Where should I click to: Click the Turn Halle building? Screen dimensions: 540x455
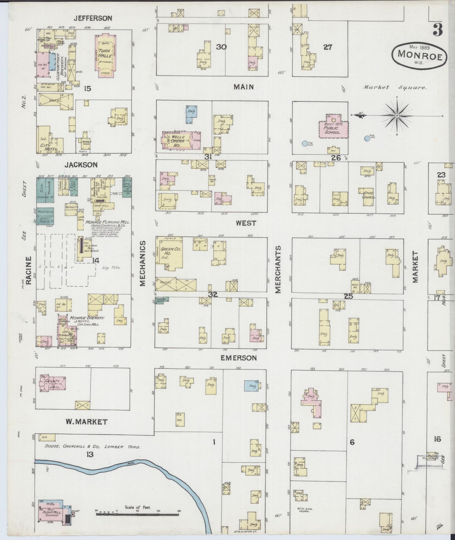104,55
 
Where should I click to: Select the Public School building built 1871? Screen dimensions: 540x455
333,127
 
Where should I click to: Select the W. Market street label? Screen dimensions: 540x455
87,422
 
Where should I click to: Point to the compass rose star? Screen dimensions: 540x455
397,116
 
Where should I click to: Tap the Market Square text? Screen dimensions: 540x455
395,88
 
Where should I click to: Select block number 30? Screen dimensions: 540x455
221,47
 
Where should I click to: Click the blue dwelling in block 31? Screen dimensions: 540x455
191,114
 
